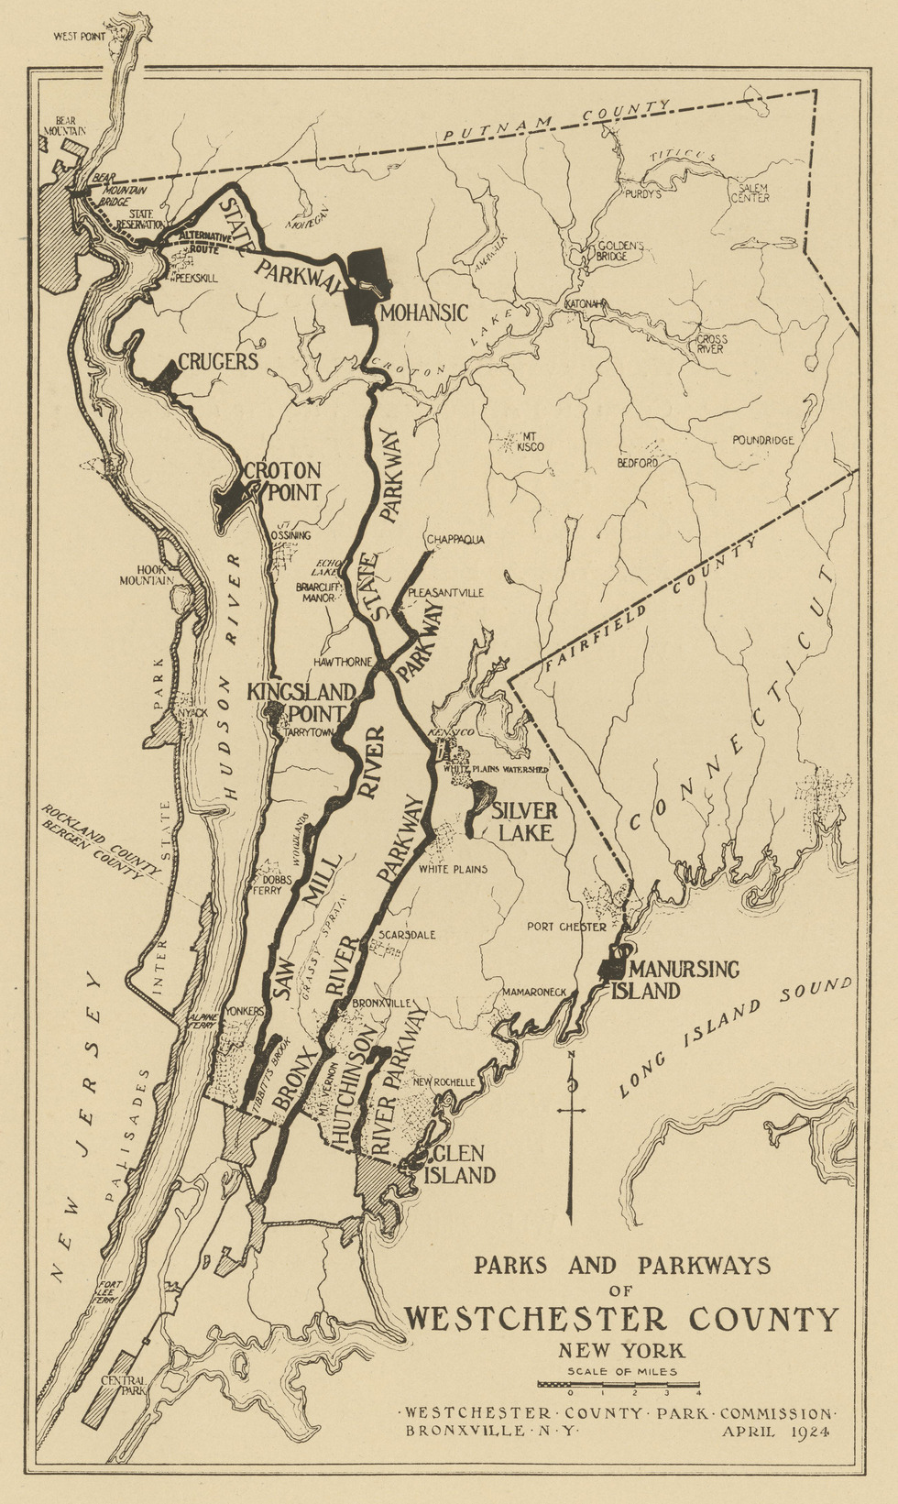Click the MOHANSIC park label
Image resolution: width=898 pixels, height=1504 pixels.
[423, 313]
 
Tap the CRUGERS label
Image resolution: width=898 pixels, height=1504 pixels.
[218, 361]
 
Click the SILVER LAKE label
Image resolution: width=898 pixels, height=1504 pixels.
[524, 821]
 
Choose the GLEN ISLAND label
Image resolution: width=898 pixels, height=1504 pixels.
[464, 1164]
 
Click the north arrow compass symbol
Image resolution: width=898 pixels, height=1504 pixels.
[572, 1136]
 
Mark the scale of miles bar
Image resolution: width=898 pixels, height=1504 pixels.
[619, 1384]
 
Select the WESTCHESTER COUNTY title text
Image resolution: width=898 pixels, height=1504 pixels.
[622, 1319]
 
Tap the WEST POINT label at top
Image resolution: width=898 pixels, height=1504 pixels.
[80, 37]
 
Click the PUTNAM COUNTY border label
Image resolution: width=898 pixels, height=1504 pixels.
[555, 121]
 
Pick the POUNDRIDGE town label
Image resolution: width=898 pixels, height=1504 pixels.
[762, 440]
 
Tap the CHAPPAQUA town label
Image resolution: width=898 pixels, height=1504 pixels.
[454, 539]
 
